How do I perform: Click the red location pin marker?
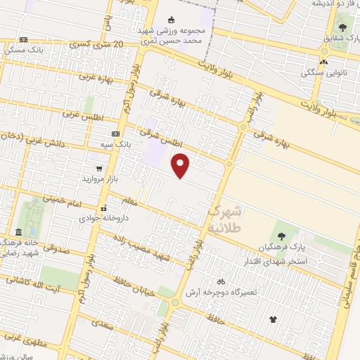point(181,165)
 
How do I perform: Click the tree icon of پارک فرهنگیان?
point(281,236)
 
